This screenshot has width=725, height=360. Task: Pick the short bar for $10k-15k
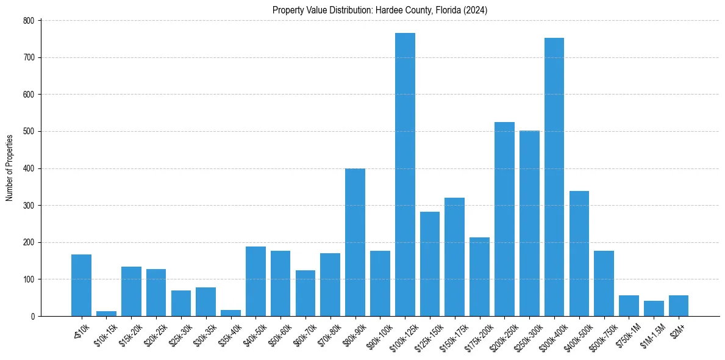click(106, 314)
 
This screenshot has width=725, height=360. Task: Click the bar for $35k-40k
click(230, 313)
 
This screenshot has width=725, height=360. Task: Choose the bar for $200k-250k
click(504, 219)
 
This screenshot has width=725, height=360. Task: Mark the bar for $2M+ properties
click(679, 306)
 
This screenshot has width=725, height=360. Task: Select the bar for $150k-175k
click(455, 257)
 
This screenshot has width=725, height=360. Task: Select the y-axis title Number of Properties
click(9, 168)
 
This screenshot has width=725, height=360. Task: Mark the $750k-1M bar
click(629, 306)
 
